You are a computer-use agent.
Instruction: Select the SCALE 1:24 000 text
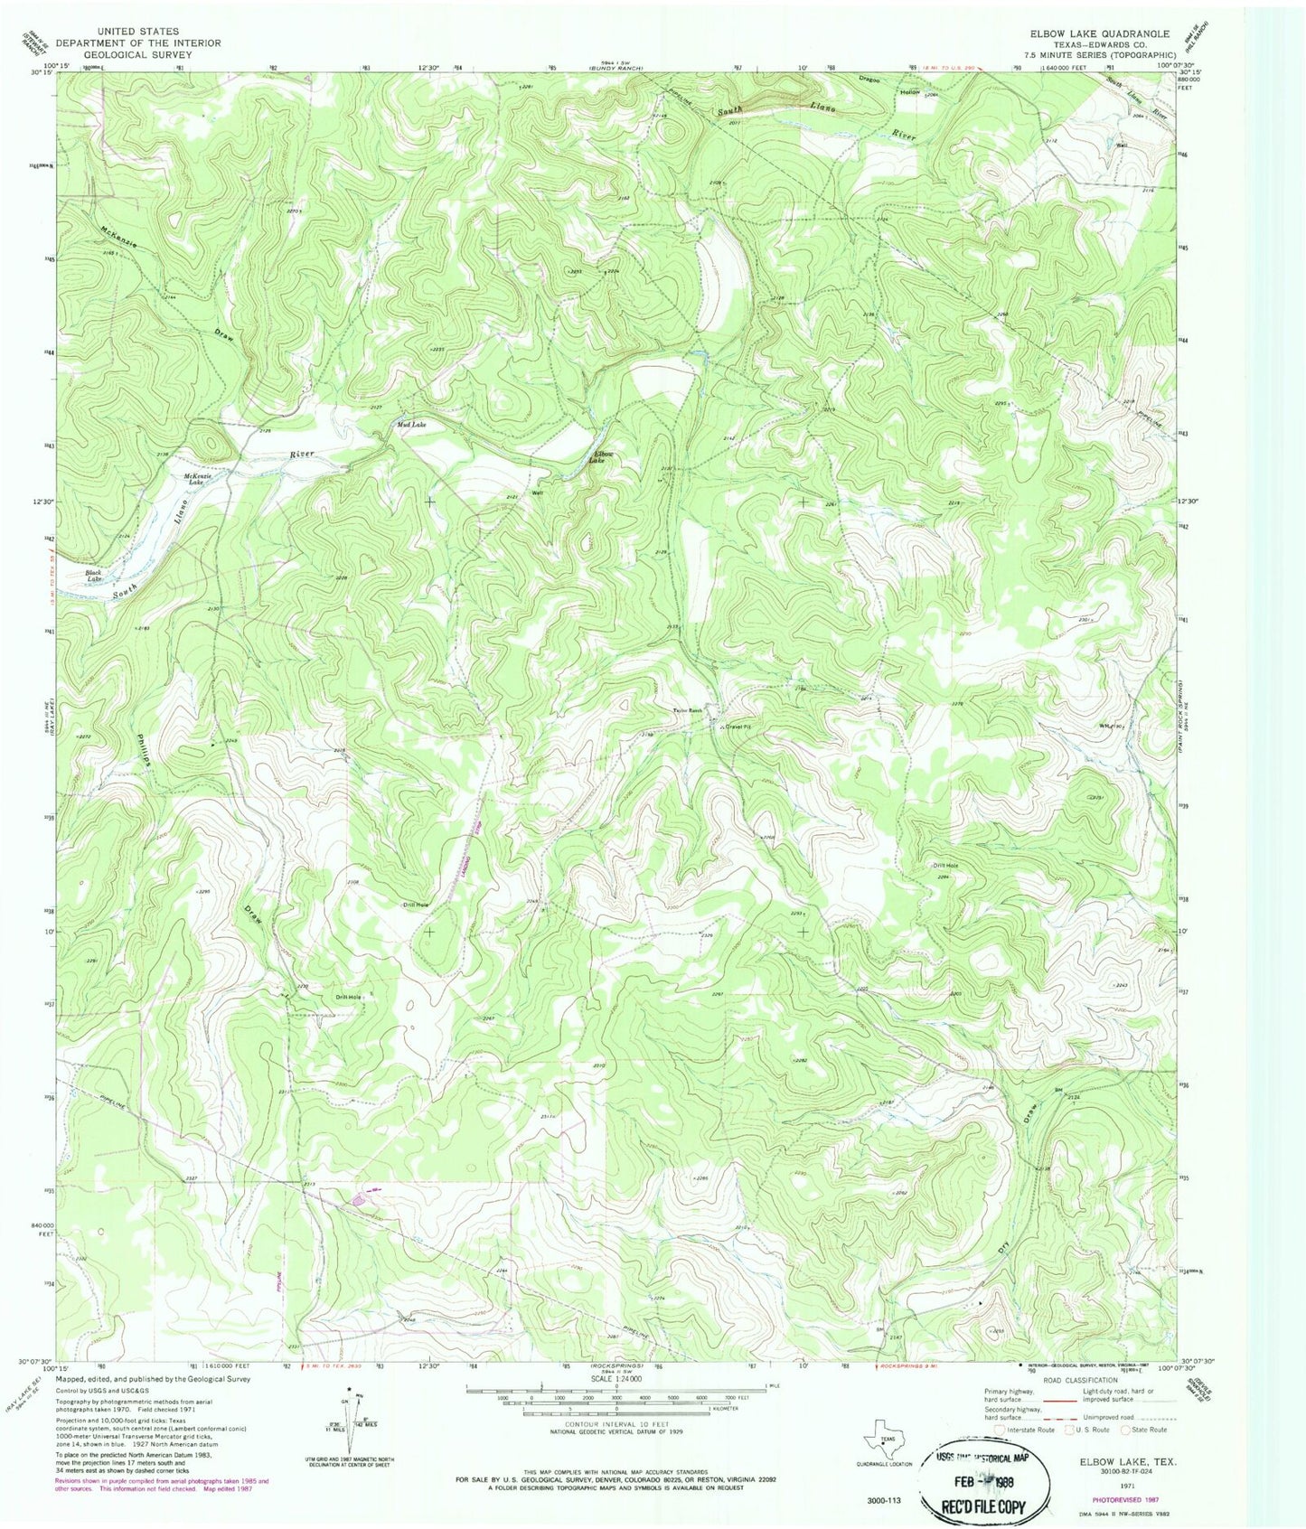coord(616,1378)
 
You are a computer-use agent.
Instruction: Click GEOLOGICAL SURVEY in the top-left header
coord(137,54)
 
